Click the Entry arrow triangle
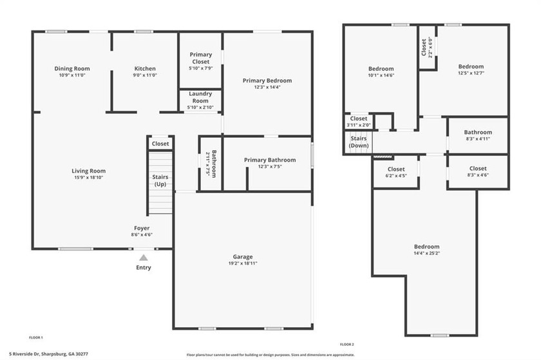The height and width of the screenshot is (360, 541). pyautogui.click(x=143, y=258)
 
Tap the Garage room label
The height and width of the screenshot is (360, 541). pyautogui.click(x=243, y=256)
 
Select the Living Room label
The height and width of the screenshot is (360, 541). pyautogui.click(x=88, y=171)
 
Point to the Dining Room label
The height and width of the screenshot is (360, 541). pyautogui.click(x=70, y=68)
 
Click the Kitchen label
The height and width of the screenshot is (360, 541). pyautogui.click(x=145, y=68)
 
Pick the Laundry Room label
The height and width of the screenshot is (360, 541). pyautogui.click(x=200, y=97)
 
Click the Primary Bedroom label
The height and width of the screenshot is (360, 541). pyautogui.click(x=267, y=81)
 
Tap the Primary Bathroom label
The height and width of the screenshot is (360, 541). pyautogui.click(x=270, y=160)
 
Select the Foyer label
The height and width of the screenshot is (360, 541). pyautogui.click(x=142, y=228)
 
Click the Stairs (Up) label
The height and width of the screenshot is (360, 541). pyautogui.click(x=160, y=180)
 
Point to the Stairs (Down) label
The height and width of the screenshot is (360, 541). pyautogui.click(x=358, y=142)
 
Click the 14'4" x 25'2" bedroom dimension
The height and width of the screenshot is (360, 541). pyautogui.click(x=426, y=253)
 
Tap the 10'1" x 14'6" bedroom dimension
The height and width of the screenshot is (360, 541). pyautogui.click(x=381, y=75)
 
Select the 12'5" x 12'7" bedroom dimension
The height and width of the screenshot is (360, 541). pyautogui.click(x=471, y=73)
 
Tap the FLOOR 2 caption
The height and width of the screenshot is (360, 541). pyautogui.click(x=346, y=345)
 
